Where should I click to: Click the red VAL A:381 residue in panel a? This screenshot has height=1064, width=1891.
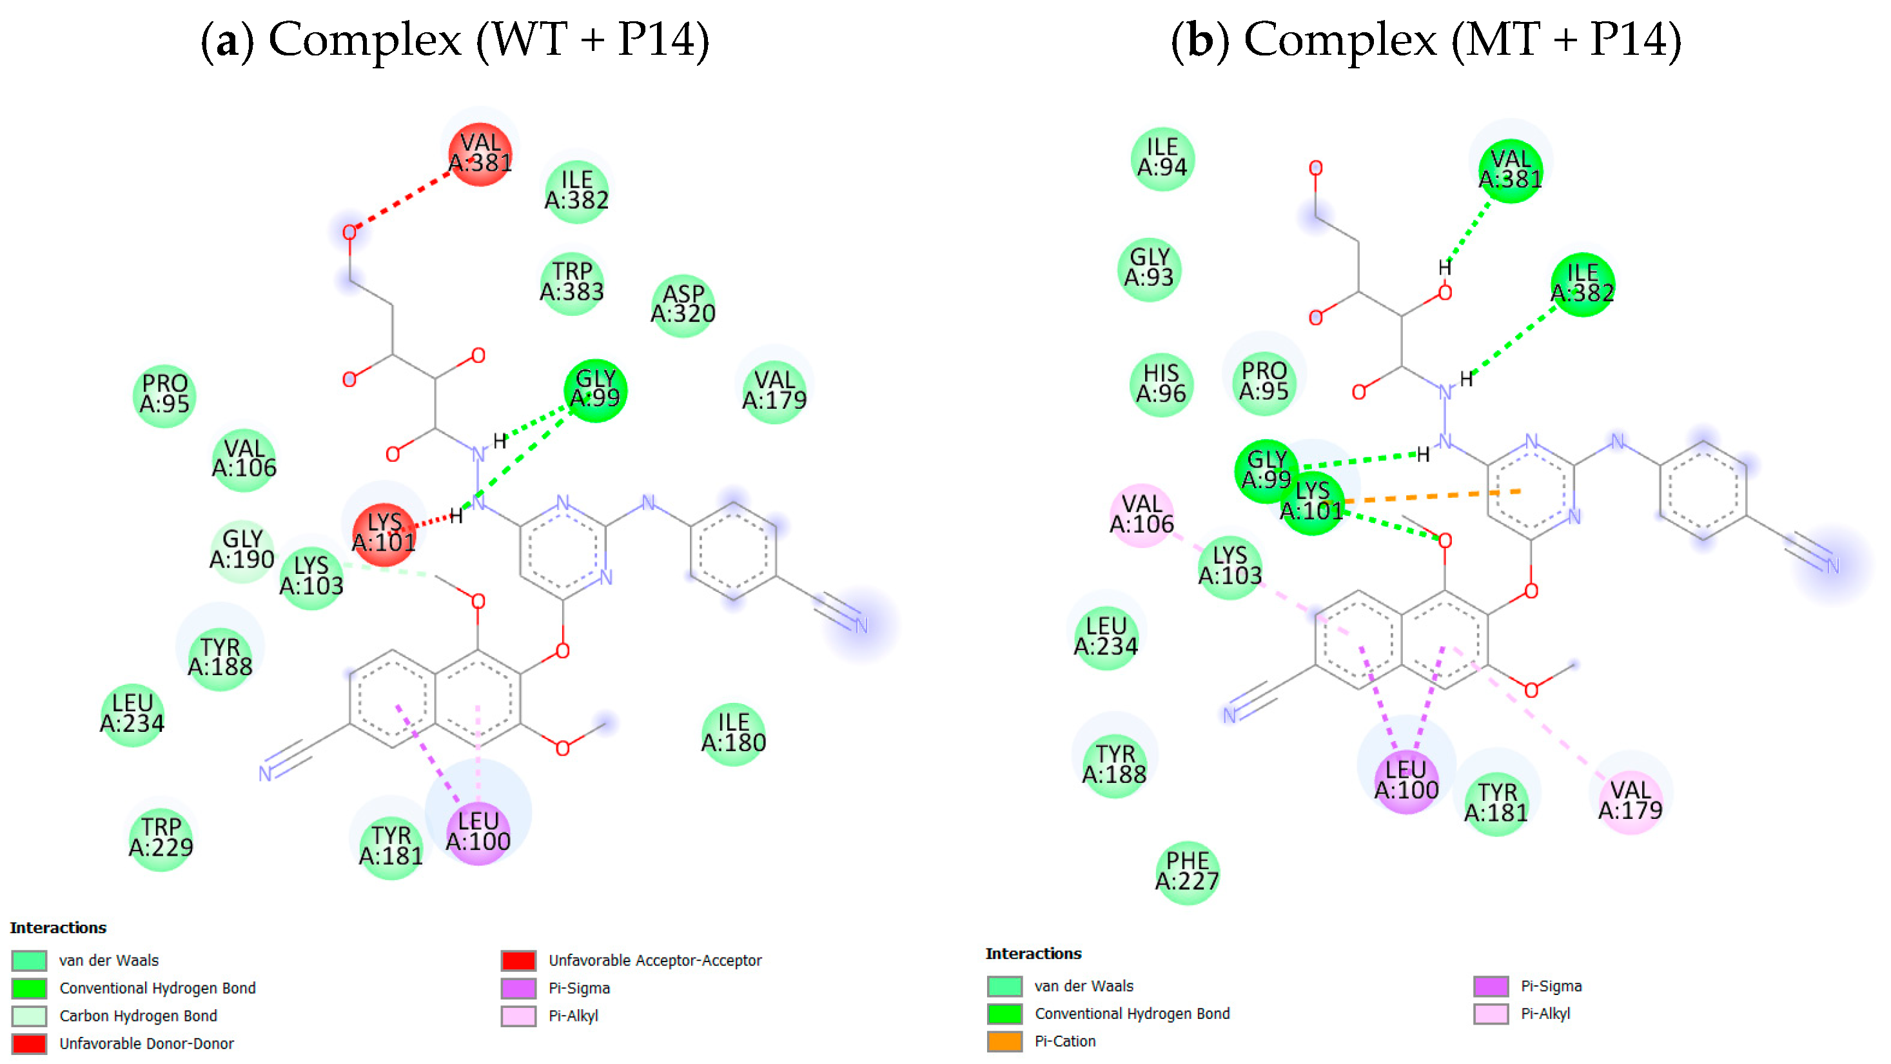click(480, 153)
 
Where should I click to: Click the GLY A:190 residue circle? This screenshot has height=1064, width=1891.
click(242, 550)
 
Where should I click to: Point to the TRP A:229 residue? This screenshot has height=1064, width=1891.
click(161, 838)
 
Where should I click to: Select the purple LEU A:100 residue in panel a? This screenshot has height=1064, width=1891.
click(478, 832)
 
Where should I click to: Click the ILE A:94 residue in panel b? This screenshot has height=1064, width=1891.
click(1162, 159)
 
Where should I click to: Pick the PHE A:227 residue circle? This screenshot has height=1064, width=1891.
click(1187, 872)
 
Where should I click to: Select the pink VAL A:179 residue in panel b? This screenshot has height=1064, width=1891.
click(1630, 801)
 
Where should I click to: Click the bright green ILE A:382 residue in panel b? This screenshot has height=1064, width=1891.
click(1582, 284)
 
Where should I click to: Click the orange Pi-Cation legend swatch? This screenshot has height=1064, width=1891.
click(1004, 1041)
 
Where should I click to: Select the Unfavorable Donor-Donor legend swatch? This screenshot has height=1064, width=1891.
click(30, 1043)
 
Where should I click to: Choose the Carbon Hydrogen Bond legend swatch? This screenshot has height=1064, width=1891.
click(30, 1016)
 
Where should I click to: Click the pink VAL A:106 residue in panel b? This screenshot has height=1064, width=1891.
click(1142, 515)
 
